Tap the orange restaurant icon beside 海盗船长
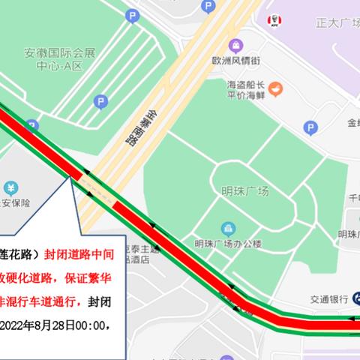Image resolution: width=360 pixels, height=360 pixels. pos(277,90)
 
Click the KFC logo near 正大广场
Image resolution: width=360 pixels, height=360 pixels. pos(275,19)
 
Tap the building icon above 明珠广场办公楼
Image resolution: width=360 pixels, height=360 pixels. pos(227,228)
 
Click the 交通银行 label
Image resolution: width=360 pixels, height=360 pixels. pos(328,299)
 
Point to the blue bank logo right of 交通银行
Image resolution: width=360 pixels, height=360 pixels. pos(353,299)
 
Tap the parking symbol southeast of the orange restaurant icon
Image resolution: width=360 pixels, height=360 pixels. pos(310,128)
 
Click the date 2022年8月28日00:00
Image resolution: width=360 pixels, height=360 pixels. pos(57,325)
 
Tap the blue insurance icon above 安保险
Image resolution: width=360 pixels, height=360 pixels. pos(10,187)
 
